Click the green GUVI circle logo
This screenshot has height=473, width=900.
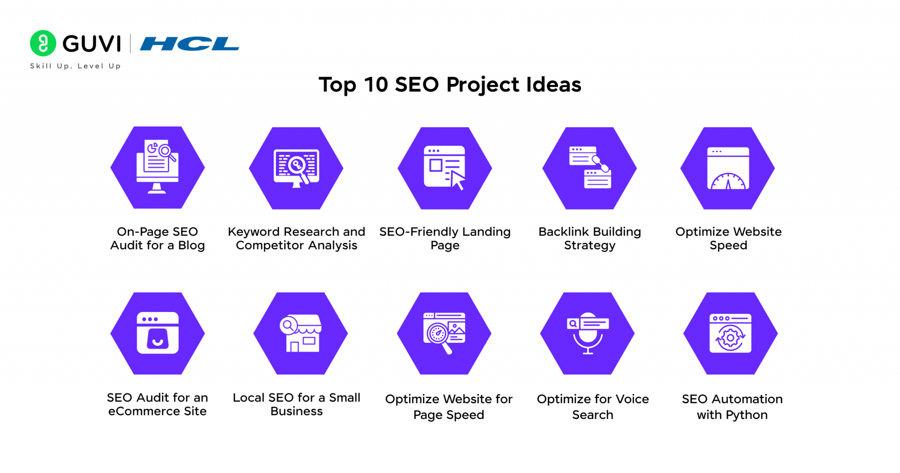pyautogui.click(x=43, y=43)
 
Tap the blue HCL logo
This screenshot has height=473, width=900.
pyautogui.click(x=189, y=44)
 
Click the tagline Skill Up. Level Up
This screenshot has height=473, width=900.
pyautogui.click(x=75, y=66)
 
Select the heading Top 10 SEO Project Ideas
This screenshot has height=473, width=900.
pyautogui.click(x=450, y=84)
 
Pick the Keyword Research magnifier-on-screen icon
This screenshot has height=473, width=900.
pyautogui.click(x=297, y=168)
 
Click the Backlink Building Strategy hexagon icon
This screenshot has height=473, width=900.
pyautogui.click(x=589, y=168)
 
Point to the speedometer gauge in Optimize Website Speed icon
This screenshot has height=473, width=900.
pyautogui.click(x=728, y=181)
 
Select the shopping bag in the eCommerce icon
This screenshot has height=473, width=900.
pyautogui.click(x=157, y=338)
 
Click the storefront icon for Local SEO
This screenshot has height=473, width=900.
pyautogui.click(x=301, y=333)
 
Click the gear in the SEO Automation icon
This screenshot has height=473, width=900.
pyautogui.click(x=730, y=338)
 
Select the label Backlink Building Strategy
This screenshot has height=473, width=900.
pyautogui.click(x=589, y=238)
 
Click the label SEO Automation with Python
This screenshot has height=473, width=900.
pyautogui.click(x=732, y=407)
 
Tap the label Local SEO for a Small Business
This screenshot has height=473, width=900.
pyautogui.click(x=297, y=404)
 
